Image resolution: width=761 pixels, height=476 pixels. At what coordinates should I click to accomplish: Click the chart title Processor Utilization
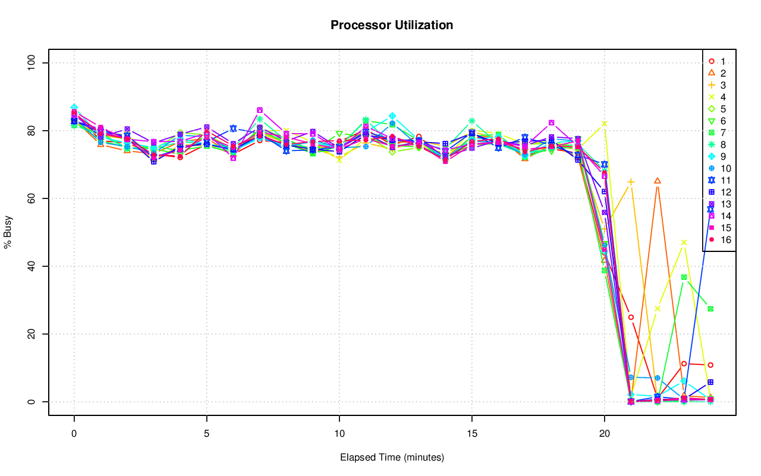[392, 25]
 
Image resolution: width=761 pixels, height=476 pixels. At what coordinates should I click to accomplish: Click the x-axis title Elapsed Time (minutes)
[392, 458]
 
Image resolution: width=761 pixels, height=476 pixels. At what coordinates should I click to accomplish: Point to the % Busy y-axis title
[8, 232]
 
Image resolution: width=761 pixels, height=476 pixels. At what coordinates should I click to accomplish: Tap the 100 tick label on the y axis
[33, 63]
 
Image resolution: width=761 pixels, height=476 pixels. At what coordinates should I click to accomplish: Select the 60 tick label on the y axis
[33, 198]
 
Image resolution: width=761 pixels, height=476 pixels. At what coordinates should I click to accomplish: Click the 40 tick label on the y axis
[33, 266]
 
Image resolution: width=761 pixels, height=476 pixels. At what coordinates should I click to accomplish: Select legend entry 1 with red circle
[722, 61]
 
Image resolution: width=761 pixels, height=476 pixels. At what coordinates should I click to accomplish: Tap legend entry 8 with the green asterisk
[722, 144]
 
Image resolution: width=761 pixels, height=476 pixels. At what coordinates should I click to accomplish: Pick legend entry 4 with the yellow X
[722, 97]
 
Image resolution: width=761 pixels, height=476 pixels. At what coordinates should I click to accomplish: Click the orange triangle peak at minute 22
[657, 181]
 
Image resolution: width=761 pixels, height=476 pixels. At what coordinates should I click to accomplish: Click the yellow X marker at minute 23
[684, 242]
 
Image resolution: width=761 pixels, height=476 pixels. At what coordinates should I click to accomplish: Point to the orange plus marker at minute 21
[631, 182]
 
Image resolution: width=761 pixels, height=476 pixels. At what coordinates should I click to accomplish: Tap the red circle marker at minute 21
[631, 317]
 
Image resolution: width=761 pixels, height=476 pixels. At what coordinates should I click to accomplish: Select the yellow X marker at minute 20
[604, 124]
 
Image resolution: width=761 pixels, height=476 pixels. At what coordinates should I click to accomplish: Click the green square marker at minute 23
[684, 278]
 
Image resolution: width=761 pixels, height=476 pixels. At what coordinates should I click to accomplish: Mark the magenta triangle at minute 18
[551, 123]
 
